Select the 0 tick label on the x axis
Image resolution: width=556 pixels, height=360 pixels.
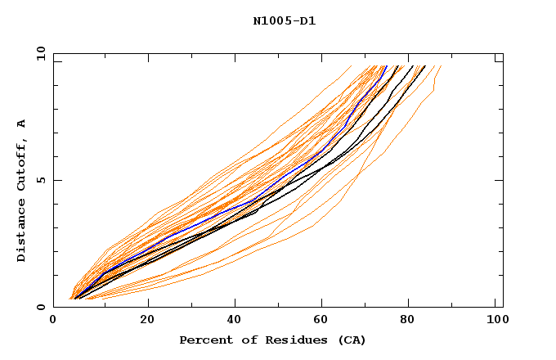[x=53, y=322]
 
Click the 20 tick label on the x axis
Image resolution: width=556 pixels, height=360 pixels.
[x=147, y=322]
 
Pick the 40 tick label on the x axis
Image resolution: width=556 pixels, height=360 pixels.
[x=235, y=322]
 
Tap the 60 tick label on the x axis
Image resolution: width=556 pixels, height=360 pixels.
[x=325, y=322]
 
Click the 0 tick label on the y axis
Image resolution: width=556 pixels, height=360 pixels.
[x=41, y=307]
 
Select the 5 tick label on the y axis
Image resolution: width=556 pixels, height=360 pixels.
[x=41, y=180]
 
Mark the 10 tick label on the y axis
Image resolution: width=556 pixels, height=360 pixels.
[x=38, y=53]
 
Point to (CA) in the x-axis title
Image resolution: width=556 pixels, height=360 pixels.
[x=351, y=340]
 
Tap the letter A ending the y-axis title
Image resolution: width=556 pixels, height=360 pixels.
[x=22, y=124]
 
